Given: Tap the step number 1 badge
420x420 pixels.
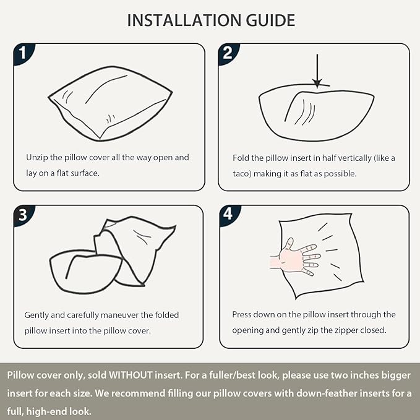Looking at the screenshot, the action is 24,54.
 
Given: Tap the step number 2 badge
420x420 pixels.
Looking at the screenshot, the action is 228,54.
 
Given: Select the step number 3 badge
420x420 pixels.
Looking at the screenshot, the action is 24,215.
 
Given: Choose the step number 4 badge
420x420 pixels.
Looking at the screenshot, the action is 229,215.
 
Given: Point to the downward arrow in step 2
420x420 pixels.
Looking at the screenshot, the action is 317,71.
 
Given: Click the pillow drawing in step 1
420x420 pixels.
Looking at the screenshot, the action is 110,103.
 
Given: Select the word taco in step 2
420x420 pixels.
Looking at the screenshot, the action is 242,174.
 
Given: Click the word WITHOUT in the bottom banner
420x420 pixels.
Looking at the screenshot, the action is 131,375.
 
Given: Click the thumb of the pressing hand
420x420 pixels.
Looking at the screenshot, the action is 289,244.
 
